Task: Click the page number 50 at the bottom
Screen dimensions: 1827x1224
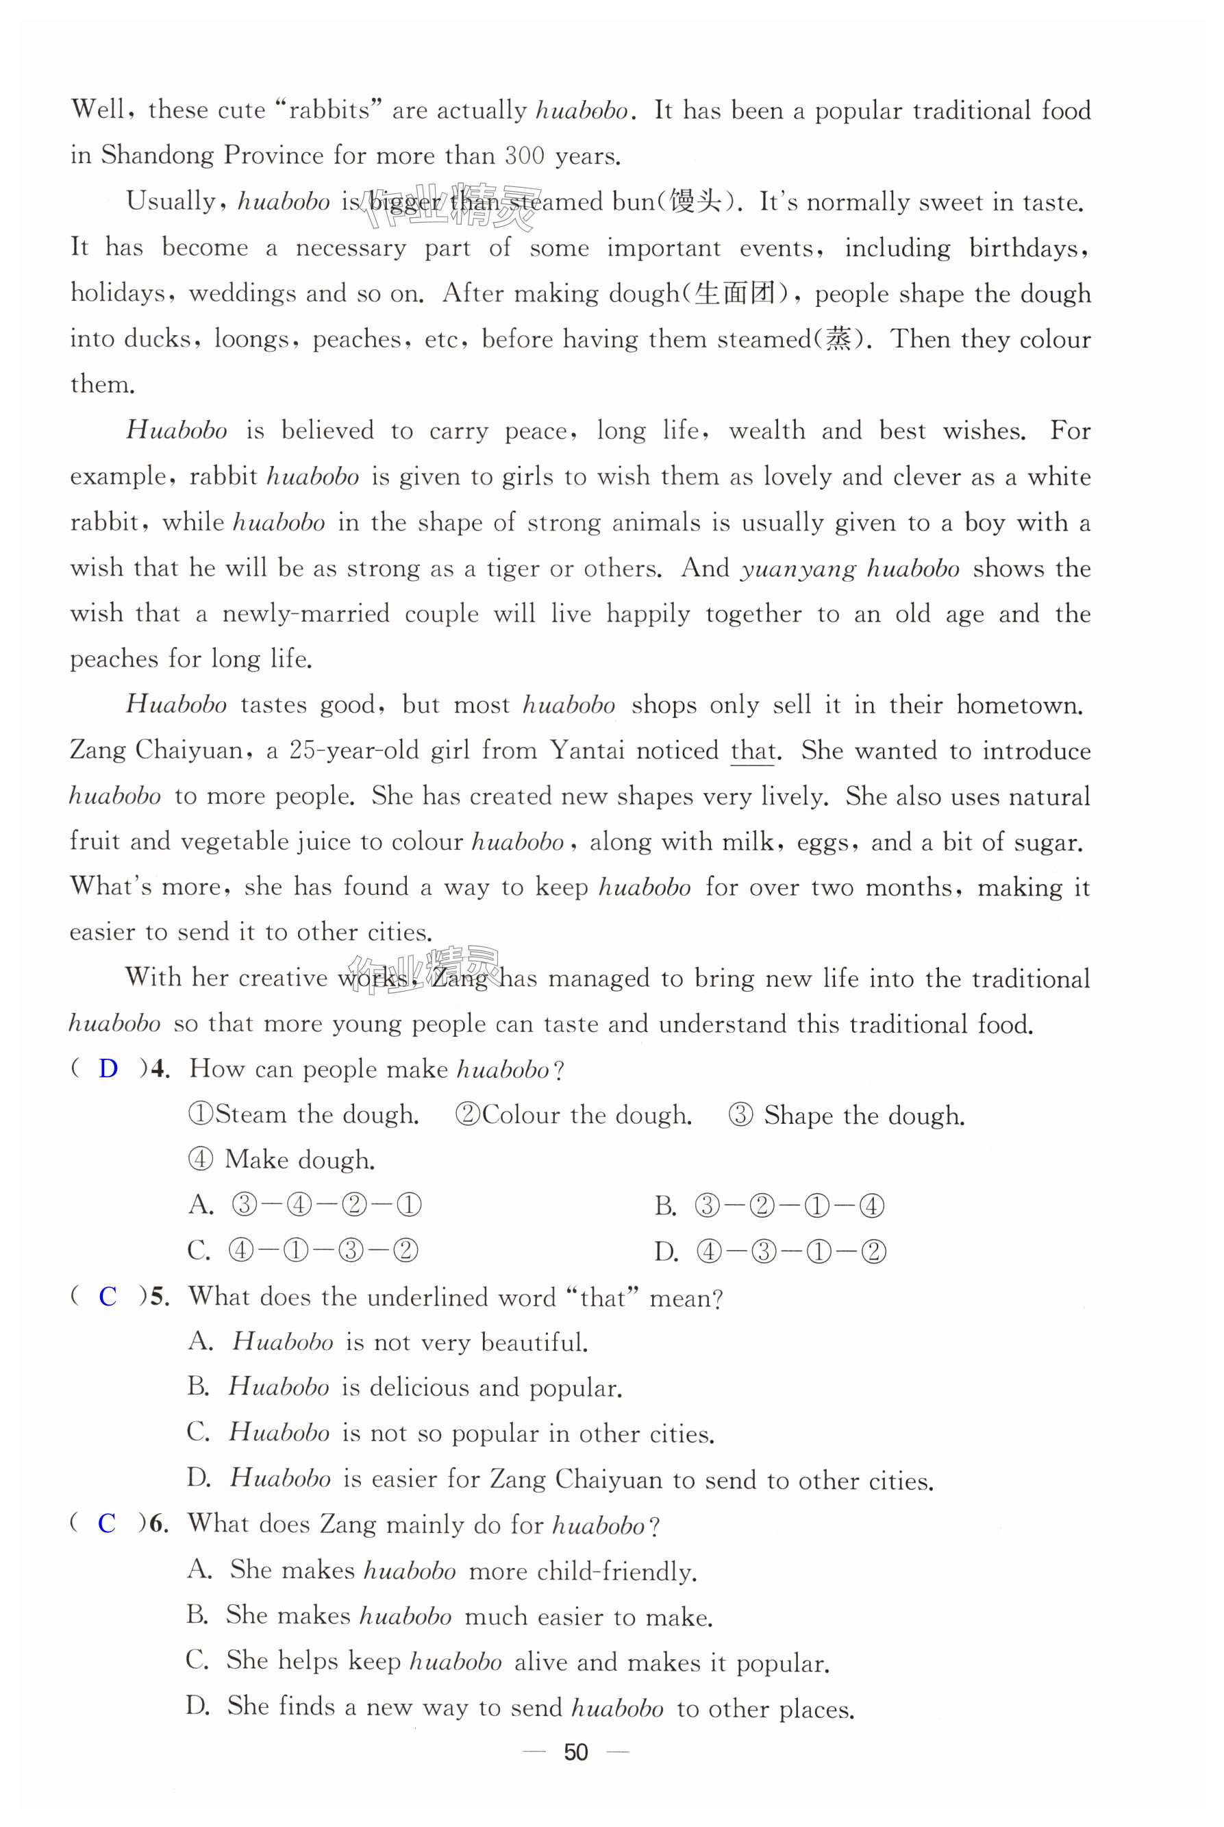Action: [x=575, y=1752]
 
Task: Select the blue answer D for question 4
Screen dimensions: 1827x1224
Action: [x=108, y=1068]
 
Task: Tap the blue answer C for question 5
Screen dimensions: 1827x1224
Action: [x=108, y=1296]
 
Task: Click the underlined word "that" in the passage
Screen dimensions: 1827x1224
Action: [x=753, y=751]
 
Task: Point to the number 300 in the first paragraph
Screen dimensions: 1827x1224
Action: [x=525, y=156]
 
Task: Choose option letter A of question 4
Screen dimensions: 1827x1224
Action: [x=201, y=1205]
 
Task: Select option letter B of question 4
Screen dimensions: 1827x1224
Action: [x=665, y=1206]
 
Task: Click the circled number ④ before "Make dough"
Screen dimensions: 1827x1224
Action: [x=201, y=1160]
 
